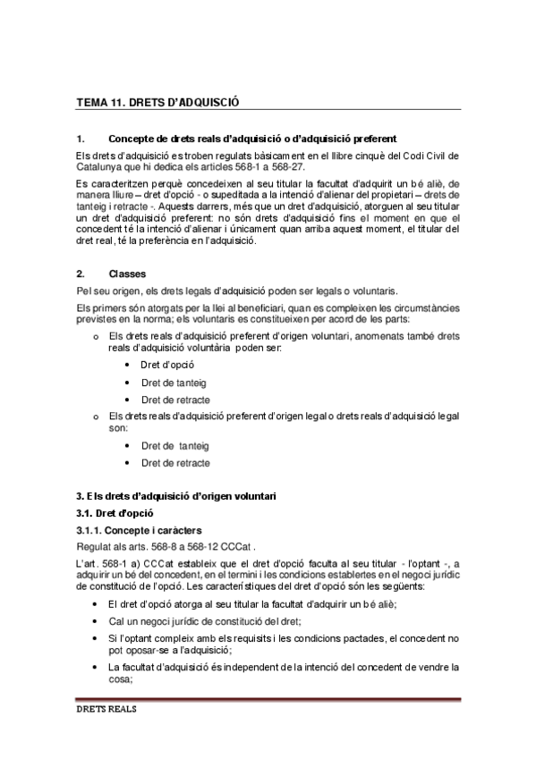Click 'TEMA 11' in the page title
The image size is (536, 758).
click(x=98, y=104)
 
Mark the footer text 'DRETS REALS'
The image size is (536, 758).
click(x=106, y=713)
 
